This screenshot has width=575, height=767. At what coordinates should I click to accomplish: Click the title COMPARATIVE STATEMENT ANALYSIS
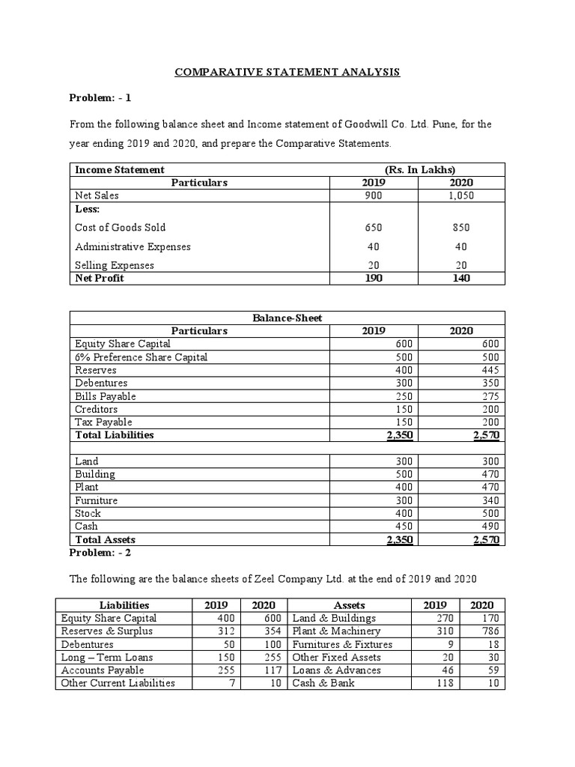pos(287,72)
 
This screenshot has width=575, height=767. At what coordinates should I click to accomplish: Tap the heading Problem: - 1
pos(100,98)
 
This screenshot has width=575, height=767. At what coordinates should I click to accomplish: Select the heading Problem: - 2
pos(100,553)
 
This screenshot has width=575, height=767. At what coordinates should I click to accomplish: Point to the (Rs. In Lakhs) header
pos(417,170)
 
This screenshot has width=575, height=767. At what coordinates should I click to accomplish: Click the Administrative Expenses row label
pos(133,246)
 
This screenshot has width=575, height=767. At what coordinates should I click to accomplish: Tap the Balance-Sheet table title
pos(287,318)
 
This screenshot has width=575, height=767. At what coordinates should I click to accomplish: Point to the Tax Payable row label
pos(104,422)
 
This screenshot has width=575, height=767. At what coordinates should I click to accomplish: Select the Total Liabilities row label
pos(114,435)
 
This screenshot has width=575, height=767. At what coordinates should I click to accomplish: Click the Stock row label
pos(88,513)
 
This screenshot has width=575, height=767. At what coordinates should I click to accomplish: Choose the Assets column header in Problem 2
pos(350,605)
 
